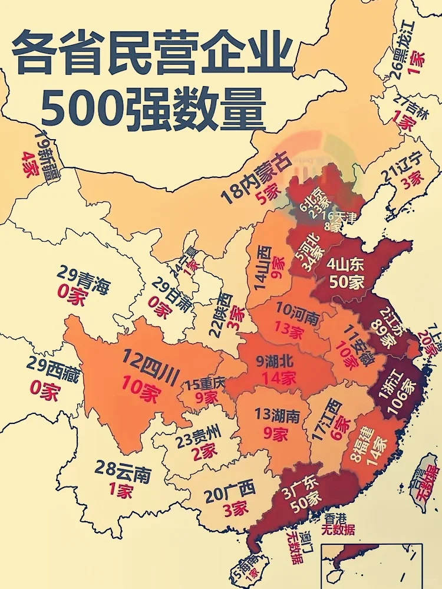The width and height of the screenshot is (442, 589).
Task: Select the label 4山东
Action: point(348,264)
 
